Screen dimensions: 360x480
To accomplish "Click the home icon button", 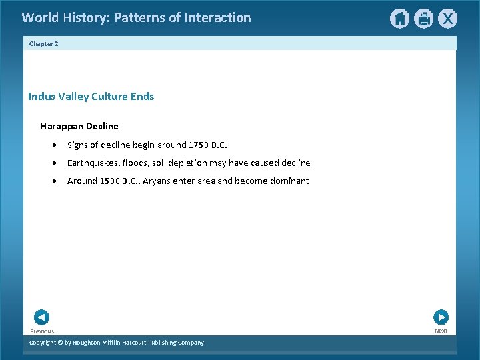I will pos(399,19).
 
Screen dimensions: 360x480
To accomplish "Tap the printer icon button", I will pos(424,19).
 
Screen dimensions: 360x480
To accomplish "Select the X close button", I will pos(448,19).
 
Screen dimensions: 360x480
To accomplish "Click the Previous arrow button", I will pos(41,318).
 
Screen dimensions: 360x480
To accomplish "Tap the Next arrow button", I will pos(441,317).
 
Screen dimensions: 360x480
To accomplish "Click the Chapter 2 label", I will pos(44,43).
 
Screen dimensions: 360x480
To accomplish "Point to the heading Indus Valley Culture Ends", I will pos(91,97).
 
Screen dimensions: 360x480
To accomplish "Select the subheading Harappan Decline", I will pos(79,126).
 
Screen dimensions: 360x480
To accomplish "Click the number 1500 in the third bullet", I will pos(111,181).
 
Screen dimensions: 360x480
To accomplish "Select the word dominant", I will pos(289,181).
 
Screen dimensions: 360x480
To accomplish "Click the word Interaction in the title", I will pos(218,18).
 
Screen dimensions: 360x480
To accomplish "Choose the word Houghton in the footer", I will pos(89,343).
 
